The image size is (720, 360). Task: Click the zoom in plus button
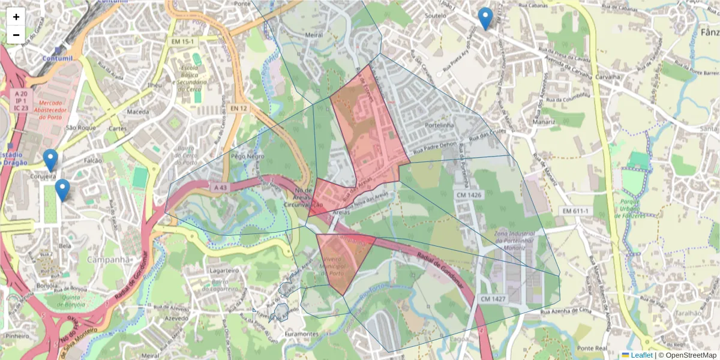16,17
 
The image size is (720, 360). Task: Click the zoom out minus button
16,35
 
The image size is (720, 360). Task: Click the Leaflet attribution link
641,355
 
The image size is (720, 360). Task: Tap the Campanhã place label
109,260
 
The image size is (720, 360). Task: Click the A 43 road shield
221,188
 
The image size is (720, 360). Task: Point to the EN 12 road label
239,108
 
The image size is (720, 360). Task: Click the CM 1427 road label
493,298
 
